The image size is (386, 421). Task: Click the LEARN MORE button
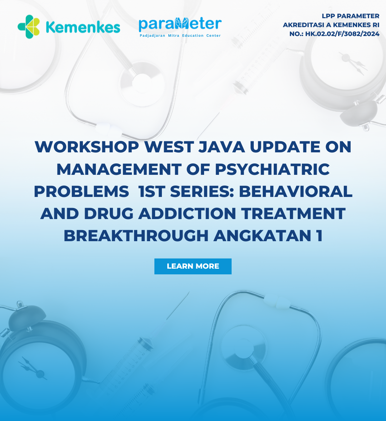(x=193, y=267)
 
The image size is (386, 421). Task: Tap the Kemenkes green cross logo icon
(x=29, y=27)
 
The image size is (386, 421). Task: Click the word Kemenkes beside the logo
(x=83, y=27)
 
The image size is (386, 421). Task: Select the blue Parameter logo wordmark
(x=180, y=24)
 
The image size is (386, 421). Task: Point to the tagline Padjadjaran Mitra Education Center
(x=180, y=35)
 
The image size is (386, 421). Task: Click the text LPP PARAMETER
(x=351, y=16)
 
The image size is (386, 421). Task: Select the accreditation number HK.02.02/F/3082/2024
(x=342, y=34)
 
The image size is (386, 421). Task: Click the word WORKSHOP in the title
(x=87, y=147)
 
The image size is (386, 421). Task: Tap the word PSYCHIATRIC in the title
(x=272, y=169)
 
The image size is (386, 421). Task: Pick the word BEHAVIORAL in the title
(x=296, y=192)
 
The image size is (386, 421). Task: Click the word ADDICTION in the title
(x=187, y=214)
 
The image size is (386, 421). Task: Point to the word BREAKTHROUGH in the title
(x=136, y=236)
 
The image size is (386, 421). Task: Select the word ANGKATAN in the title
(x=262, y=236)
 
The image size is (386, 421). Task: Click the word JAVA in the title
(x=222, y=147)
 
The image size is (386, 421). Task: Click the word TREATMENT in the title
(x=293, y=214)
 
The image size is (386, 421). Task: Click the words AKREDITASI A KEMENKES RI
(x=331, y=25)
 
